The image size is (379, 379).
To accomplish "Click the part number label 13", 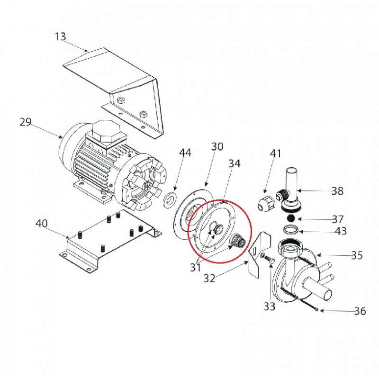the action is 60,37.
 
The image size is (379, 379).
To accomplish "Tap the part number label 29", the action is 26,122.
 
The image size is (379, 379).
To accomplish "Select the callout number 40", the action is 42,224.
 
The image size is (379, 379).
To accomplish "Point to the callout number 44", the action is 185,153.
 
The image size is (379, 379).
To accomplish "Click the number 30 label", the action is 217,147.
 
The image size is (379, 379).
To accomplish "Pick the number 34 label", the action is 235,163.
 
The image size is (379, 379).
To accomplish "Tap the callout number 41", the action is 276,153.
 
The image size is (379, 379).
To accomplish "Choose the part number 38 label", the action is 337,191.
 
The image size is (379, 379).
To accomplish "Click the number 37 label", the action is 338,219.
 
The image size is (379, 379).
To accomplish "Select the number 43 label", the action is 341,231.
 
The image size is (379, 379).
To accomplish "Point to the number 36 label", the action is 360,311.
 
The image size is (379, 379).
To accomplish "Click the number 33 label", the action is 269,307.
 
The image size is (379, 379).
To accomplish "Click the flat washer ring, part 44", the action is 170,199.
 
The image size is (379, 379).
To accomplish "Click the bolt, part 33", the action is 269,259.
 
